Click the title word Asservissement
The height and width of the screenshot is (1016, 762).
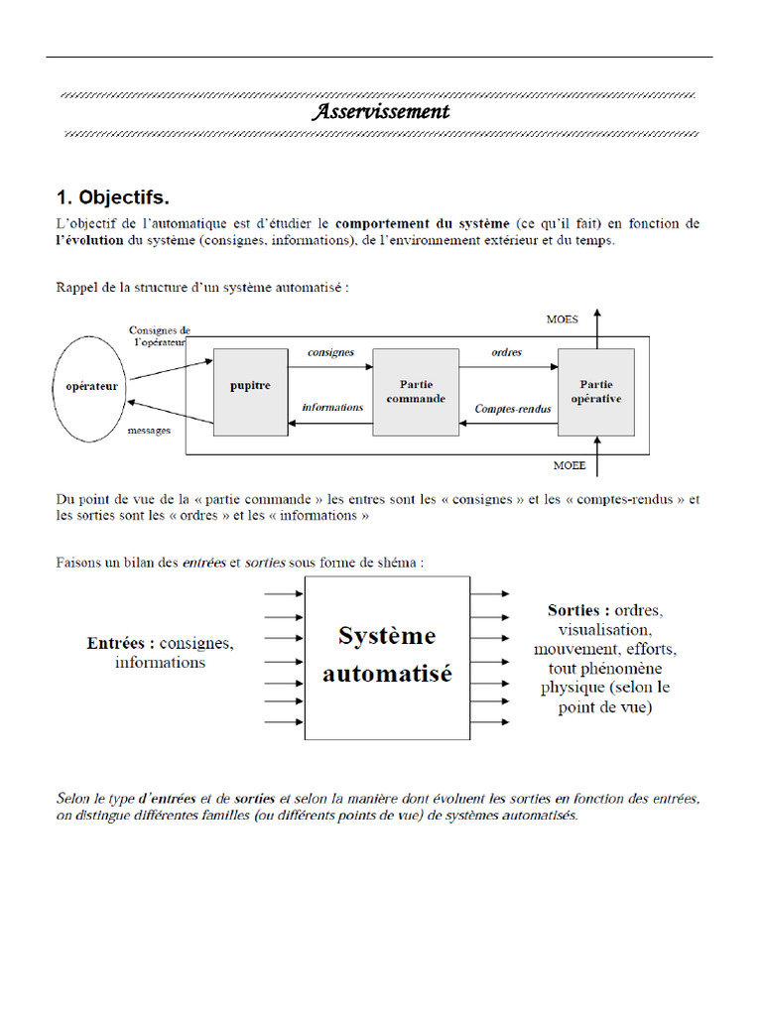click(x=381, y=112)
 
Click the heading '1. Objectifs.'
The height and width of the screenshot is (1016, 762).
click(x=119, y=196)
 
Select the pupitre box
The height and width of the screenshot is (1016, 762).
click(x=250, y=392)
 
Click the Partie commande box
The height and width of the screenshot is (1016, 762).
click(x=416, y=392)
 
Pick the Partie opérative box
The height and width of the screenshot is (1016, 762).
click(x=596, y=392)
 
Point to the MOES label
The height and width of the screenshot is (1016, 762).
click(x=564, y=319)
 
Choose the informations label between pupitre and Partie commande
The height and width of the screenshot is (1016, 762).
click(x=331, y=407)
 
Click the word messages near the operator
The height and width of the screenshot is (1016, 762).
click(x=149, y=431)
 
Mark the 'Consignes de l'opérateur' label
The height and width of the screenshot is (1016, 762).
click(x=159, y=336)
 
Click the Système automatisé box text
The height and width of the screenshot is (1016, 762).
click(x=387, y=654)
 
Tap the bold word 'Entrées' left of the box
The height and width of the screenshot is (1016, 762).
click(x=120, y=643)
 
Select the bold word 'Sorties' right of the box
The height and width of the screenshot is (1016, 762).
click(x=577, y=609)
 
